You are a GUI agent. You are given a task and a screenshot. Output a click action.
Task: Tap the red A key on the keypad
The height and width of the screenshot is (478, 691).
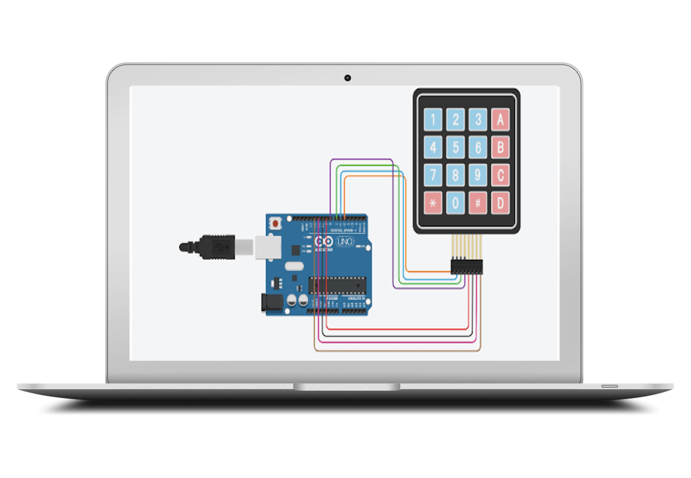(x=500, y=120)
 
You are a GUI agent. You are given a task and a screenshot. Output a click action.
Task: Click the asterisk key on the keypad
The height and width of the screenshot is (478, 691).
(x=433, y=202)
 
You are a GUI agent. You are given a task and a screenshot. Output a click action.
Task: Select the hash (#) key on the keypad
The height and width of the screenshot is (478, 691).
(x=478, y=202)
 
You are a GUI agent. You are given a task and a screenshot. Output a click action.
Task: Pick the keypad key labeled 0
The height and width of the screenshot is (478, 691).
(x=456, y=202)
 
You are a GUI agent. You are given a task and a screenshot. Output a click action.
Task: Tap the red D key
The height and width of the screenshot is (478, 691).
(x=500, y=202)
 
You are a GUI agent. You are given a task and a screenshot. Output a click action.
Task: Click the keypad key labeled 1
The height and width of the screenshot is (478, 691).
(x=433, y=120)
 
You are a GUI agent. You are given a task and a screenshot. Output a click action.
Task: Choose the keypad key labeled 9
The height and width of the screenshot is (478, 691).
(x=478, y=175)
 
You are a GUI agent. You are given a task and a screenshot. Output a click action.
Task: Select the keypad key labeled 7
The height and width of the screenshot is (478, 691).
(x=433, y=175)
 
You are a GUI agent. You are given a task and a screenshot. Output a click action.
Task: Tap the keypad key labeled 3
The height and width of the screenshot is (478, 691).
(x=478, y=120)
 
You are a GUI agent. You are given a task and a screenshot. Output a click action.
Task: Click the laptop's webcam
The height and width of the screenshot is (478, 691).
(x=347, y=78)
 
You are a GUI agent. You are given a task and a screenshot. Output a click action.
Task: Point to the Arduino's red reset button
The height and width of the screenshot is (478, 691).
(x=275, y=223)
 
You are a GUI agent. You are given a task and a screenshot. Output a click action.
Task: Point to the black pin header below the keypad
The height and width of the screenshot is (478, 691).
(x=467, y=267)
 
